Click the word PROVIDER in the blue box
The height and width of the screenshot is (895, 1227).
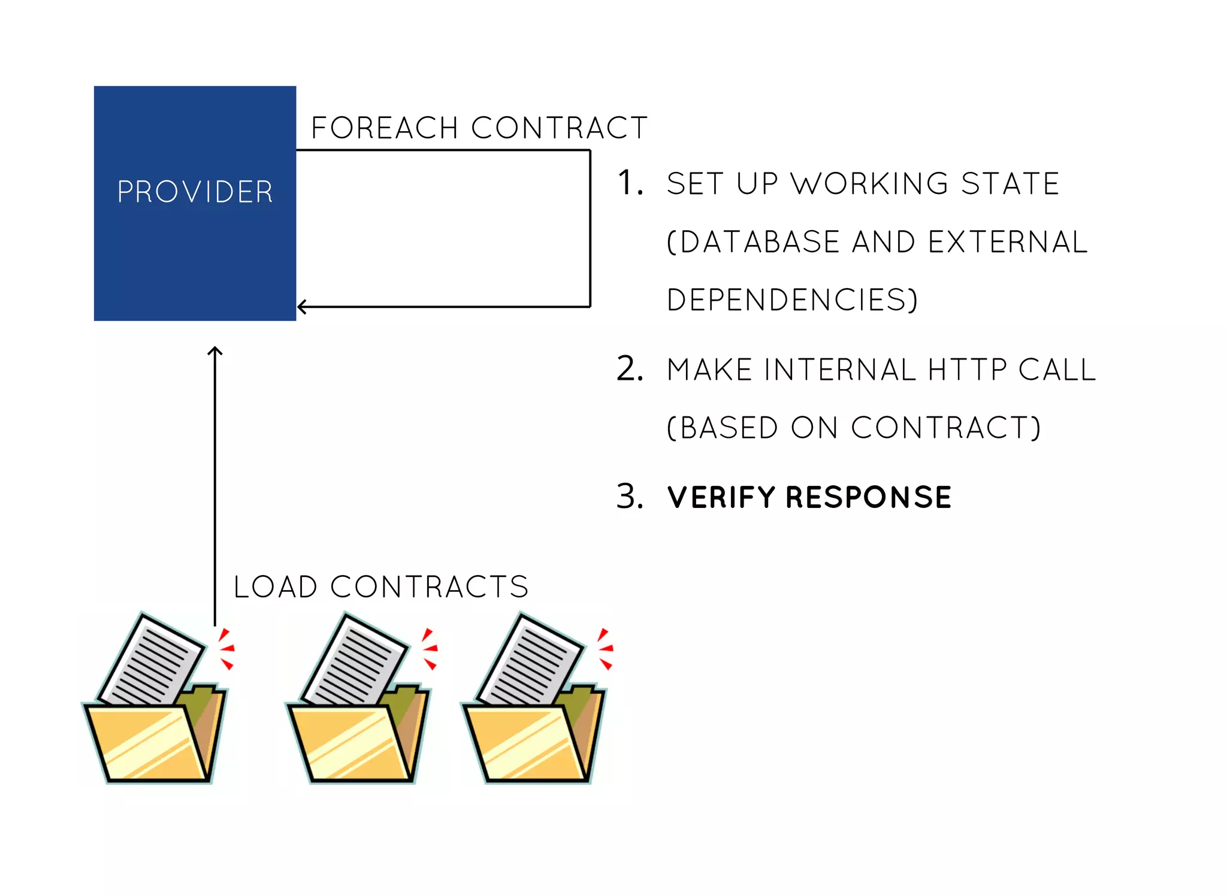pyautogui.click(x=195, y=192)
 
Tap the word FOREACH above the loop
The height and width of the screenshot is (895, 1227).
pyautogui.click(x=385, y=128)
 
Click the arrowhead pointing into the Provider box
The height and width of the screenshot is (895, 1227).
pyautogui.click(x=302, y=307)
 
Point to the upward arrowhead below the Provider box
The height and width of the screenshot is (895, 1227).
pyautogui.click(x=215, y=351)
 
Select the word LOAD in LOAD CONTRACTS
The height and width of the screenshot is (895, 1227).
pyautogui.click(x=275, y=586)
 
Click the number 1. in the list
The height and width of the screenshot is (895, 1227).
pyautogui.click(x=630, y=183)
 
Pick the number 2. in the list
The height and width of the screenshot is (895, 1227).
pyautogui.click(x=630, y=368)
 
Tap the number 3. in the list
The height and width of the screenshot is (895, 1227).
pyautogui.click(x=630, y=497)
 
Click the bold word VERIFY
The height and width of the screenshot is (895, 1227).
pyautogui.click(x=721, y=497)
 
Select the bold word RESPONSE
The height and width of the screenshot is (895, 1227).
pyautogui.click(x=868, y=497)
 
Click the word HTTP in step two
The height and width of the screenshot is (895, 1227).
pyautogui.click(x=967, y=369)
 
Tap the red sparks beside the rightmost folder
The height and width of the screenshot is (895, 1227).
pyautogui.click(x=605, y=648)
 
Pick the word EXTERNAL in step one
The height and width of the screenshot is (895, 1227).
pyautogui.click(x=1007, y=242)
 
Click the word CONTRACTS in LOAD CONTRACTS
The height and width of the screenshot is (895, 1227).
pyautogui.click(x=429, y=586)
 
